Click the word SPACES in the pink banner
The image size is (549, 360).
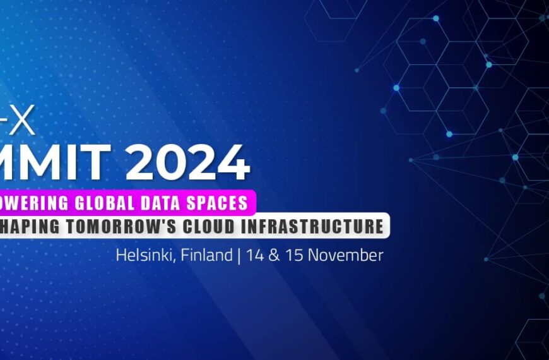point(218,203)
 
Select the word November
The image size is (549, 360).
point(346,255)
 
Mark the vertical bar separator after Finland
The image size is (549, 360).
point(239,256)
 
